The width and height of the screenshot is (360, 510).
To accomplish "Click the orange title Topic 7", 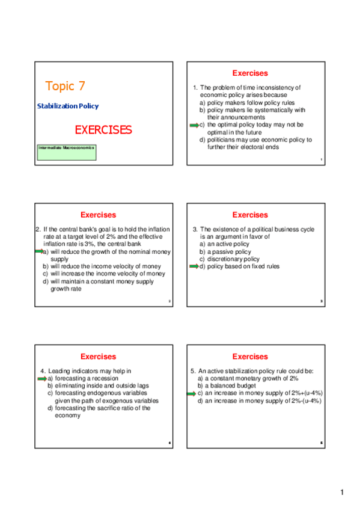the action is tap(69, 86).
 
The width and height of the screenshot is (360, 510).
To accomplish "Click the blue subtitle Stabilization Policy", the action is tap(68, 106).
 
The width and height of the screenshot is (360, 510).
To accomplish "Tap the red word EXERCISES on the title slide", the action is tap(103, 129).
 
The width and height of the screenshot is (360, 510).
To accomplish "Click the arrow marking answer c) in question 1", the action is tap(194, 125).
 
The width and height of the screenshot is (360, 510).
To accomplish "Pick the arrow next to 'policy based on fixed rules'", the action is tap(194, 266).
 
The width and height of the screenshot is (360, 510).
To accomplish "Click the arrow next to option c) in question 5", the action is tap(194, 393).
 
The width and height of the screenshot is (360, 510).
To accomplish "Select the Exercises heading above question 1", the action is tap(250, 73).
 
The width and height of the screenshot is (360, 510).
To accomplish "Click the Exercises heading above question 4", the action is tap(98, 357).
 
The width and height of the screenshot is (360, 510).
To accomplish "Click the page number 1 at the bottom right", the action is tap(342, 493).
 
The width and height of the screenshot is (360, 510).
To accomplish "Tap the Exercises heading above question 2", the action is tap(98, 215).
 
